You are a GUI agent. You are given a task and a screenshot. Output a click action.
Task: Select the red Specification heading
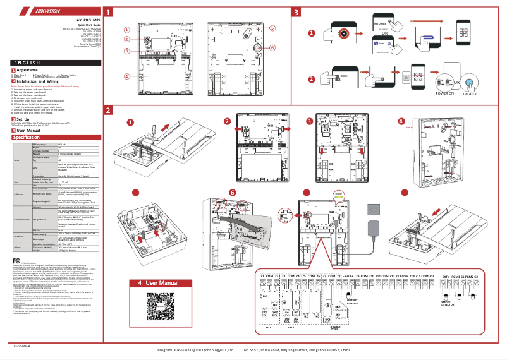pos(32,136)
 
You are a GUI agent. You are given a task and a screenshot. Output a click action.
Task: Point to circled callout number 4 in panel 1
pos(126,76)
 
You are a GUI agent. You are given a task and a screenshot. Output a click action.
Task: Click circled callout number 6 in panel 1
pos(273,48)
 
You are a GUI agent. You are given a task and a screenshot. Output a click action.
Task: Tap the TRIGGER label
pos(468,93)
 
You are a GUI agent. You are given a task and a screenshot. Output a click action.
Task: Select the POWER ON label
pos(444,93)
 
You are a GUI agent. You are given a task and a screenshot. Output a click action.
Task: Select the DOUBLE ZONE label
pos(334,327)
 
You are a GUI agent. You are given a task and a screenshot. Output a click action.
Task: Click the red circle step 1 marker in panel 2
pos(131,122)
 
